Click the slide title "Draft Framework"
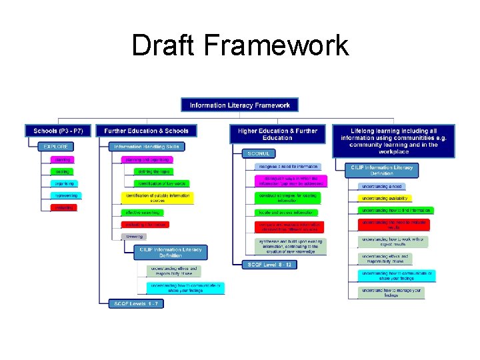coord(240,45)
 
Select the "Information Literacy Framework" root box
coord(240,105)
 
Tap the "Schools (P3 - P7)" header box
coord(58,131)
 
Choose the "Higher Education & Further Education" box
coord(277,134)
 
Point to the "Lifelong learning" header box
coord(399,141)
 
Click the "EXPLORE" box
coord(56,147)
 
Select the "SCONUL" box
coord(259,153)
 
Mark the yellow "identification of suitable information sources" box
coord(157,198)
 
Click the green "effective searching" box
coord(141,213)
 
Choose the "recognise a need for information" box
coord(288,166)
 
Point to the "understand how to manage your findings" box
coord(391,292)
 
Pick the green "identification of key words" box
coord(162,183)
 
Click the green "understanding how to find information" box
coord(396,210)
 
